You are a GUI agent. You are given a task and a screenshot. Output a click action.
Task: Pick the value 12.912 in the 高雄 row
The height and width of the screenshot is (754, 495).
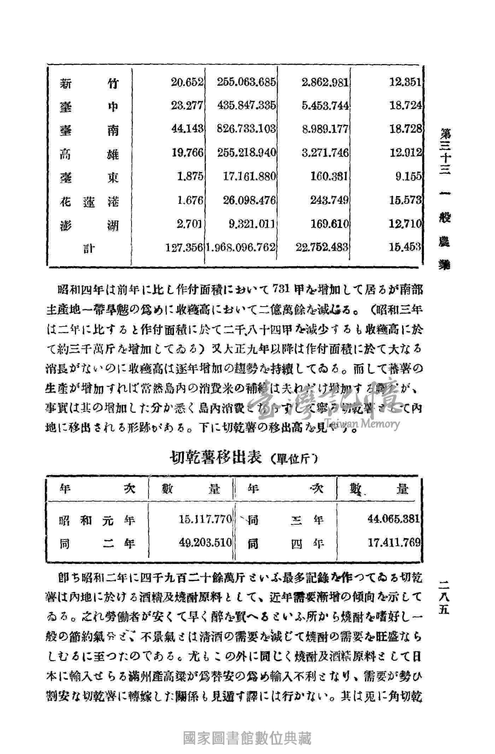point(406,153)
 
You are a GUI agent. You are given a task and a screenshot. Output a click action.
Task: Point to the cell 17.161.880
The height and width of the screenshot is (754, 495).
point(249,177)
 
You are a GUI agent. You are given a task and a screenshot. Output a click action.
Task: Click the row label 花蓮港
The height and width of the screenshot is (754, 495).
point(89,201)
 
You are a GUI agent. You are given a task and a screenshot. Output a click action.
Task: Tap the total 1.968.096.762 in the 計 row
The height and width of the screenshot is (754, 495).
point(240,247)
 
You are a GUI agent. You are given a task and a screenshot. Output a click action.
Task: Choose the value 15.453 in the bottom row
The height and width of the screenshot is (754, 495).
point(406,247)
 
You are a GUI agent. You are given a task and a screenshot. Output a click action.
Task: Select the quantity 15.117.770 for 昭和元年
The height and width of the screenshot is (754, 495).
point(205,520)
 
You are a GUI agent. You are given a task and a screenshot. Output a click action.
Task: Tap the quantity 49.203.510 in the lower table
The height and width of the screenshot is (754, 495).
point(205,543)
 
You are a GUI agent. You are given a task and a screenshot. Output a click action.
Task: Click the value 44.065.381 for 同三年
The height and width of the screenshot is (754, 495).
point(393,519)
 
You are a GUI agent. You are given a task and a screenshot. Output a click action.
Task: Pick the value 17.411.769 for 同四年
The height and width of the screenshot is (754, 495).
point(394,542)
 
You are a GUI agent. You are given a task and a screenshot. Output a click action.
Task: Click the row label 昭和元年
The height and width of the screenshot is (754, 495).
point(97,520)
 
